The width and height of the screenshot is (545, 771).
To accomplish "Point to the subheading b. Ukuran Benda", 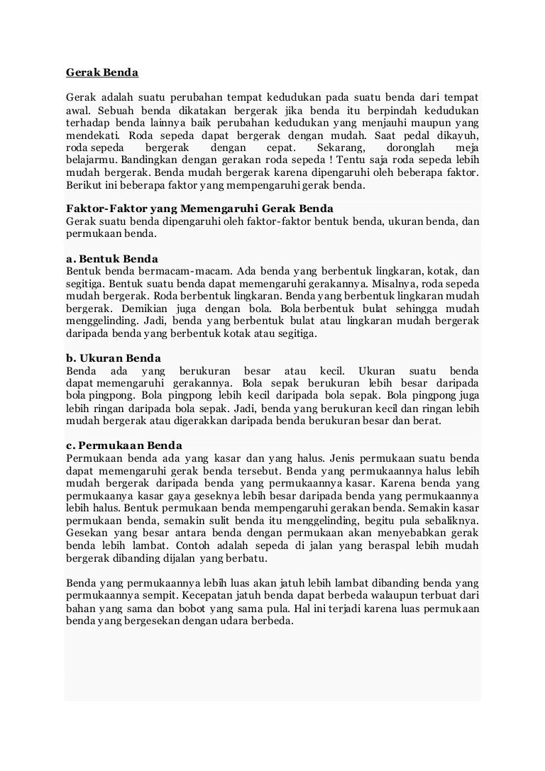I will [114, 358].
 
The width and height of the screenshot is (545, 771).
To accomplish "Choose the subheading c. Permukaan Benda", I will [124, 445].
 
